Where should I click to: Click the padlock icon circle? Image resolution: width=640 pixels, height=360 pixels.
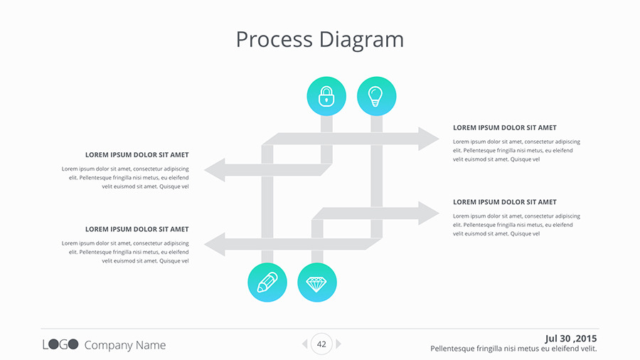coord(326,96)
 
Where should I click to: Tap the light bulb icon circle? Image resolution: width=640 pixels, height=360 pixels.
coord(376,96)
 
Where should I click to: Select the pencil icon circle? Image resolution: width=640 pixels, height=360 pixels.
coord(267,282)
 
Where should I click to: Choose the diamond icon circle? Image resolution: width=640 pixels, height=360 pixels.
coord(317,282)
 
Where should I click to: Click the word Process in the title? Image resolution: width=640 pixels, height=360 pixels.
coord(274,39)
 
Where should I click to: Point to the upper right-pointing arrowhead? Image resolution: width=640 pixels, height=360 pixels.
coord(428,139)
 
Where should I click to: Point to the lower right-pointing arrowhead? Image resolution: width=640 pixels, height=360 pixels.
coord(428,213)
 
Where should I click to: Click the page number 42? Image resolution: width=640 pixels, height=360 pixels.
coord(321,344)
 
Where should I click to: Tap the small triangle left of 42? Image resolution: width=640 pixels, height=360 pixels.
coord(304,344)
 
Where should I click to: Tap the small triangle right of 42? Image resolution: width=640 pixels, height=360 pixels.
coord(338,344)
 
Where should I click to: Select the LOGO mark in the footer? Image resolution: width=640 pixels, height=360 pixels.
coord(60,345)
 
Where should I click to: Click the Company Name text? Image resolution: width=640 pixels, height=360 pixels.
coord(125,345)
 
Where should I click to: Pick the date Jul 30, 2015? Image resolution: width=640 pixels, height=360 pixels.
coord(571,338)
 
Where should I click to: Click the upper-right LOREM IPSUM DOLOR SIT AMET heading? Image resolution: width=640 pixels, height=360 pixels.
coord(505,128)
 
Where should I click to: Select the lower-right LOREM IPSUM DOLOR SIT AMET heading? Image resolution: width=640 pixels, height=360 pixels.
coord(505,202)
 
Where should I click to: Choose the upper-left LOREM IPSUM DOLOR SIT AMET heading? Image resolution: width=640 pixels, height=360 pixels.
coord(137,154)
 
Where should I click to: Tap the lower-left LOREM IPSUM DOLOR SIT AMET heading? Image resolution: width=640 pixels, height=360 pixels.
coord(137,229)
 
